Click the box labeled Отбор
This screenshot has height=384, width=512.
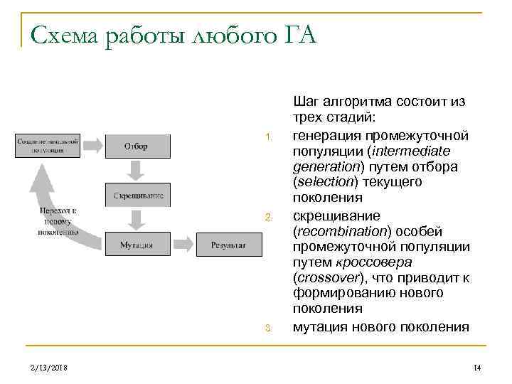pos(138,146)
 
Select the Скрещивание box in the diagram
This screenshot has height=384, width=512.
pos(139,195)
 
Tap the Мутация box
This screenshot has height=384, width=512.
pos(138,244)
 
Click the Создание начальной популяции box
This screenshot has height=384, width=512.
pos(48,145)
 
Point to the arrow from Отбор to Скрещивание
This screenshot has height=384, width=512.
pos(138,169)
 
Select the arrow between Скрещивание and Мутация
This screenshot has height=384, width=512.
pos(138,218)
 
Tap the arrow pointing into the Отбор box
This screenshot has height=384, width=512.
pos(93,146)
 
